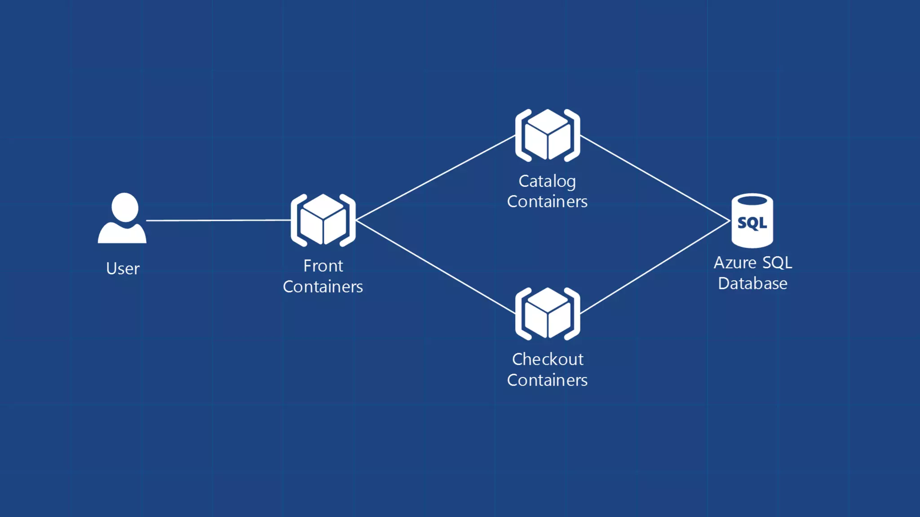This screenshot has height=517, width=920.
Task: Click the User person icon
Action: (122, 220)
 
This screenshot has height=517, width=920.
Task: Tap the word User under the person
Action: (123, 268)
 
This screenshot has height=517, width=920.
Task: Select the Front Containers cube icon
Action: (323, 220)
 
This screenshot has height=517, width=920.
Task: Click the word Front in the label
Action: (323, 266)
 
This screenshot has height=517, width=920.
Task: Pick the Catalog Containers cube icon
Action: (547, 135)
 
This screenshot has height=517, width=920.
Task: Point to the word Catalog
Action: (547, 181)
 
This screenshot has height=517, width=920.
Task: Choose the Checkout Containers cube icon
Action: (547, 313)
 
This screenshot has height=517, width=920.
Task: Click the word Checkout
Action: (548, 359)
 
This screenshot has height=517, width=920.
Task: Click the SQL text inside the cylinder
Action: (752, 223)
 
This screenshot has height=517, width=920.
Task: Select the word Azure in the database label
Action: (735, 263)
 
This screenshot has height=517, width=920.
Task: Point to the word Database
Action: (752, 284)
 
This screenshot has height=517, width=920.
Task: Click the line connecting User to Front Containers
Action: (218, 220)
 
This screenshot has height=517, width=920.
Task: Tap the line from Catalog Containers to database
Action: (655, 178)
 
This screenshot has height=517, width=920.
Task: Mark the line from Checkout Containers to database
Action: (655, 267)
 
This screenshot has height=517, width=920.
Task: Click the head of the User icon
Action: (124, 207)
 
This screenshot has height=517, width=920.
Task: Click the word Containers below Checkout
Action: (547, 380)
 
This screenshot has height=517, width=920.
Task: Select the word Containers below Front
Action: (323, 287)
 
